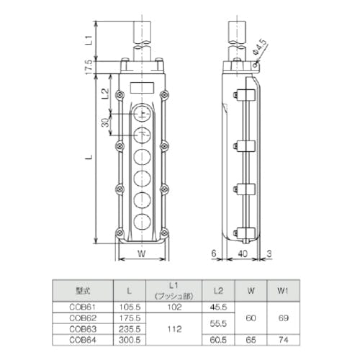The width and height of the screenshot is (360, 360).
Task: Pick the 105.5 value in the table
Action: (x=128, y=306)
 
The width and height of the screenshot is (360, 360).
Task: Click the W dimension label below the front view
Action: (x=142, y=253)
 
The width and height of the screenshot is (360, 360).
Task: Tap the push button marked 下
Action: (x=142, y=135)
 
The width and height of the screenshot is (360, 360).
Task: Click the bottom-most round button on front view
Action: (x=142, y=220)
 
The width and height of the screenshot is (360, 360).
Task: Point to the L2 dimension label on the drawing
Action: (x=104, y=94)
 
